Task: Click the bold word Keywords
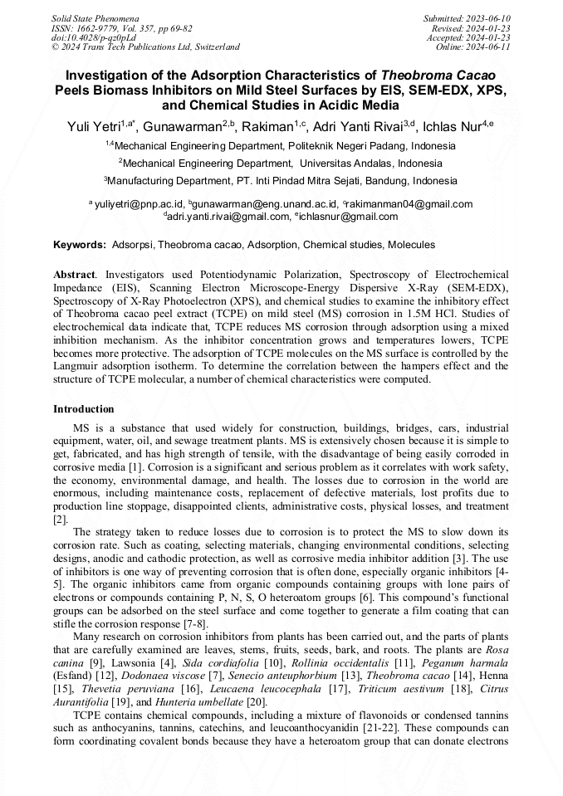[79, 245]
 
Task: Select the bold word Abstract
[74, 274]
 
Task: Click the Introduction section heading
[84, 409]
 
